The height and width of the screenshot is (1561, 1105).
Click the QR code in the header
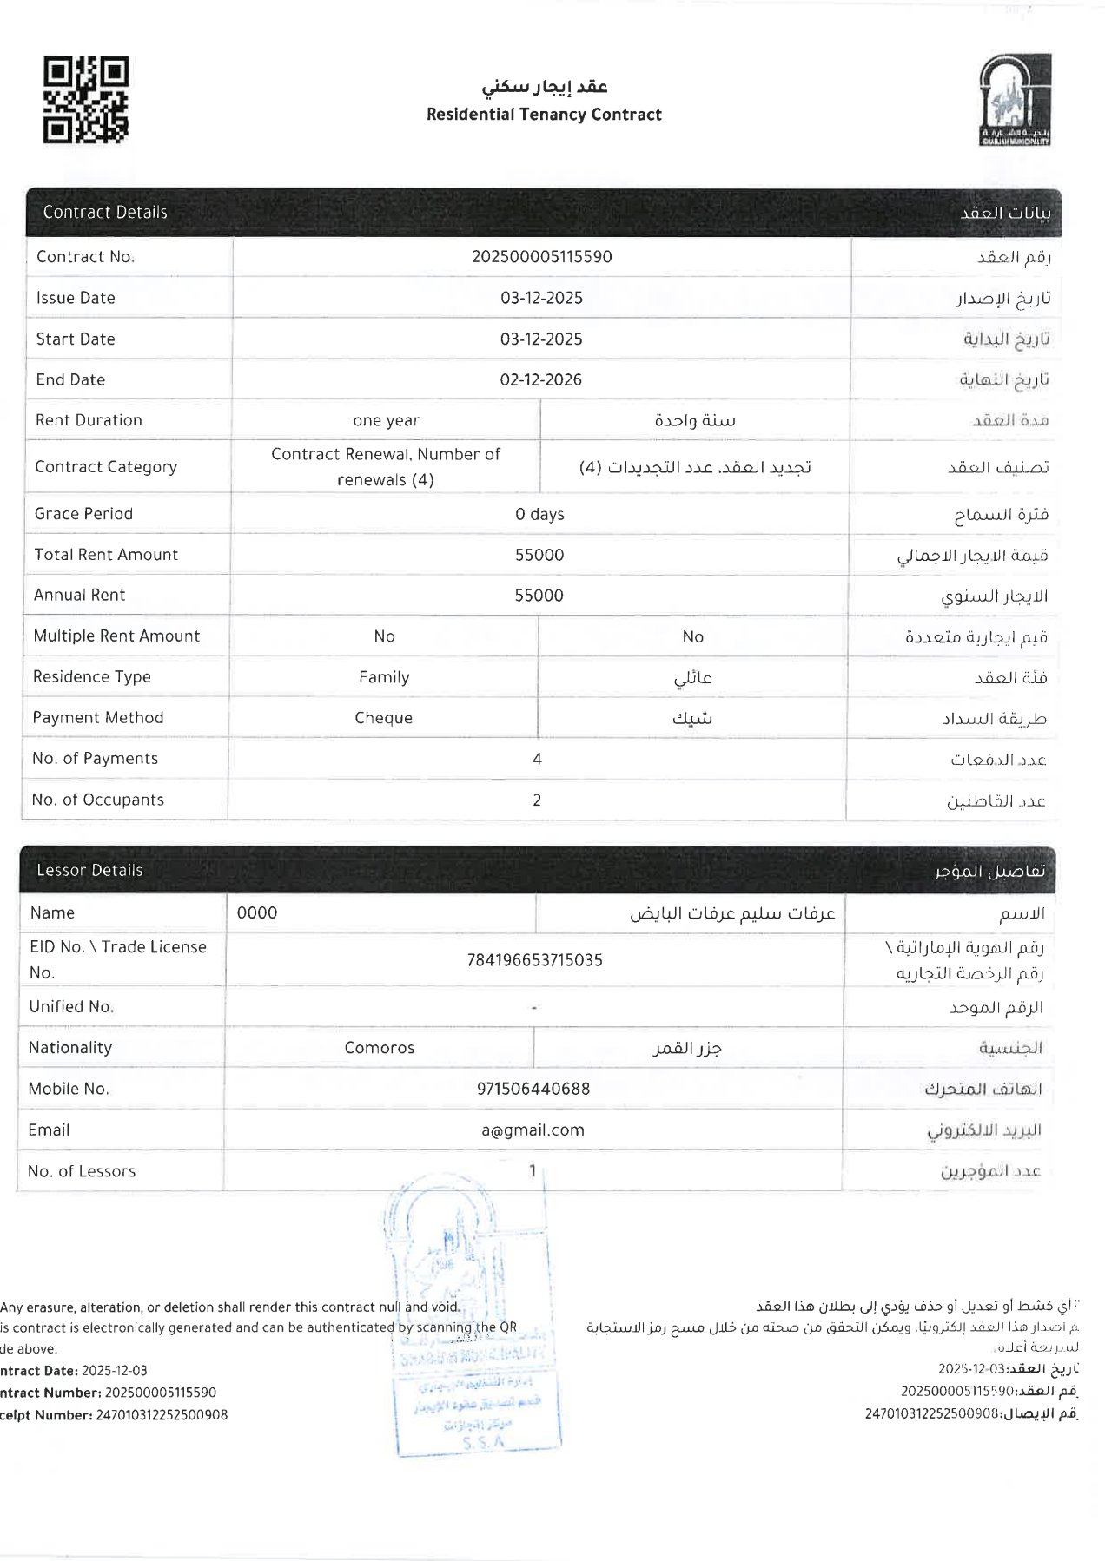tap(86, 100)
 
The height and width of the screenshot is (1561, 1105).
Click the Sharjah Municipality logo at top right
tap(1015, 100)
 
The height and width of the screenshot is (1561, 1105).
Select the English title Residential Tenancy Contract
tap(544, 115)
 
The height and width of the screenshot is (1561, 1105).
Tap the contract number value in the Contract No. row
tap(541, 257)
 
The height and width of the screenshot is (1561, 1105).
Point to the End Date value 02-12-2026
tap(540, 379)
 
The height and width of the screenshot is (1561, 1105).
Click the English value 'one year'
tap(386, 420)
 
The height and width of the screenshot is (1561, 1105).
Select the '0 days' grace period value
tap(539, 514)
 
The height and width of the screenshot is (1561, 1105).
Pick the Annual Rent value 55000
tap(539, 596)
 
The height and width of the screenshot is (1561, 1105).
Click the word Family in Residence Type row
tap(384, 677)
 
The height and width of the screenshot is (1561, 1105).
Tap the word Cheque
tap(383, 718)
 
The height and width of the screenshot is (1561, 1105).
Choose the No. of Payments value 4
tap(537, 759)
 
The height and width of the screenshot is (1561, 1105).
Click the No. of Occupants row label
tap(97, 800)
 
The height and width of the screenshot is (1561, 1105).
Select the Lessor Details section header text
tap(89, 870)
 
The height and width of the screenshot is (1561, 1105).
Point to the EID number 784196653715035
tap(534, 960)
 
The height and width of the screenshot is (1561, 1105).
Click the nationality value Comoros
tap(380, 1048)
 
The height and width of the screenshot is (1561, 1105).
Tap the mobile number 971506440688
tap(533, 1089)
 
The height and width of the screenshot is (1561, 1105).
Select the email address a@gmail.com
tap(533, 1130)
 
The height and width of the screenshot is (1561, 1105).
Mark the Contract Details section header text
tap(105, 212)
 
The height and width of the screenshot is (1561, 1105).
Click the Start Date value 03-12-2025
tap(541, 339)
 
